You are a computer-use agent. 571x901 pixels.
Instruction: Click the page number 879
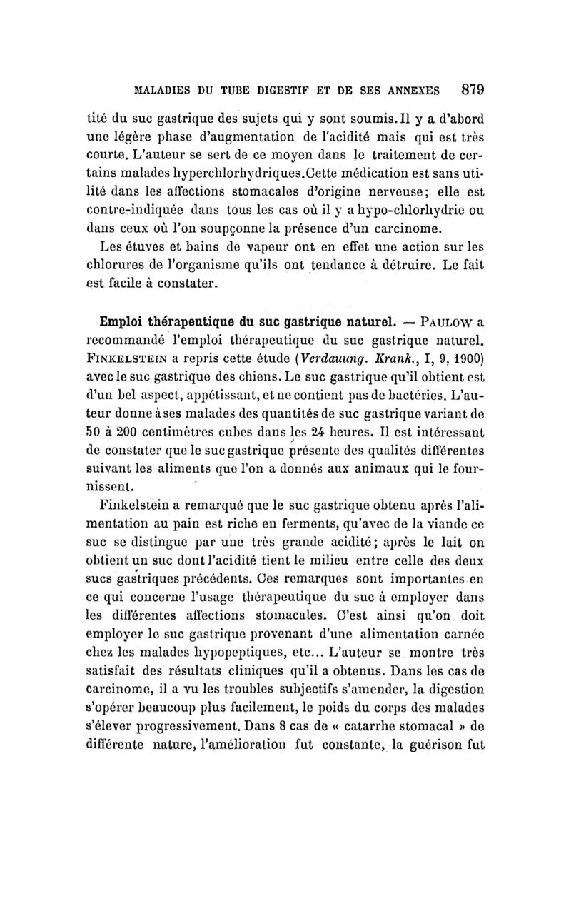pos(472,90)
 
